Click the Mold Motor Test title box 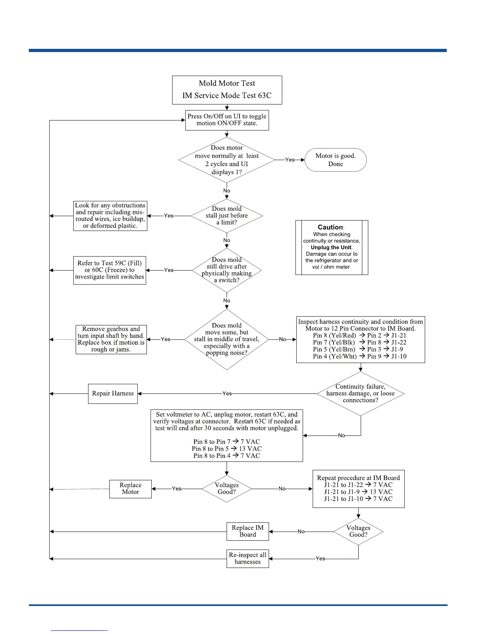point(227,90)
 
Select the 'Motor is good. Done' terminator point(335,160)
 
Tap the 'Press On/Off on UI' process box point(227,120)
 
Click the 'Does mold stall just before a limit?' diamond point(227,215)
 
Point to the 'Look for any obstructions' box point(110,216)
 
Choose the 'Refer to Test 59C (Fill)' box point(109,270)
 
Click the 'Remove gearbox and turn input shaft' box point(111,339)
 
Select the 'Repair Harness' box point(113,393)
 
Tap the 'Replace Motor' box point(130,489)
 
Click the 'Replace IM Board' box point(247,531)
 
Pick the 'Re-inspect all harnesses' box point(247,558)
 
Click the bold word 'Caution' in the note point(330,227)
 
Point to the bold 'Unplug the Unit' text point(331,247)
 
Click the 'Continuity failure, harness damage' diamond point(360,393)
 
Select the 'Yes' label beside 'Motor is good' point(290,160)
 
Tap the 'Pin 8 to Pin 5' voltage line point(227,449)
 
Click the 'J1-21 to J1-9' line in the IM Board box point(358,492)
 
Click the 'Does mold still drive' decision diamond point(227,270)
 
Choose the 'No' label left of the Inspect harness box point(283,339)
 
